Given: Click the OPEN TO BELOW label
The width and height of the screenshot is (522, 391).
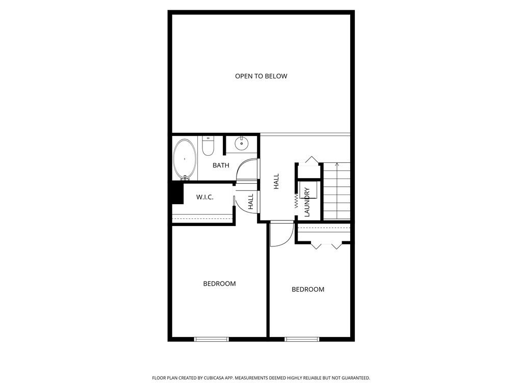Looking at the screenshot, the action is (261, 76).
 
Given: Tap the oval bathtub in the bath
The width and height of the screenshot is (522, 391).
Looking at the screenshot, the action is (185, 159).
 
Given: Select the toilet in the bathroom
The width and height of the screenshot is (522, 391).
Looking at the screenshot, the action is (208, 146).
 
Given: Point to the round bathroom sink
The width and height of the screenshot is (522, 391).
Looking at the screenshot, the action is (241, 144).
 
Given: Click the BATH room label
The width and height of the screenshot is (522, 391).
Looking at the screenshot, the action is (221, 165).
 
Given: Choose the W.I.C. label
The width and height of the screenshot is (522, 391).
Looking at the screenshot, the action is (204, 197).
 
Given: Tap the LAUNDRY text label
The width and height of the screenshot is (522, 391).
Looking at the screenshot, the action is (307, 202).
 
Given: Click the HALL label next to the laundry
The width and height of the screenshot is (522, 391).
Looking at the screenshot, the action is (276, 182).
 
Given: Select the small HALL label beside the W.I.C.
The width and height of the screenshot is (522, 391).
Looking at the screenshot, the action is (251, 202).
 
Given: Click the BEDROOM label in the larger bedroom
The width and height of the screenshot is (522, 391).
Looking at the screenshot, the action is (219, 284).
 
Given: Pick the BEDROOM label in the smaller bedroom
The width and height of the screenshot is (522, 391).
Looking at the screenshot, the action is (308, 289).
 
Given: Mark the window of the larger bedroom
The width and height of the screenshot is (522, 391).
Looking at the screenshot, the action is (212, 339).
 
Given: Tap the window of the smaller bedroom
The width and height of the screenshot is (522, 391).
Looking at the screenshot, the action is (302, 339).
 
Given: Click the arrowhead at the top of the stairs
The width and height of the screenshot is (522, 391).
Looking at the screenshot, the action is (337, 164).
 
